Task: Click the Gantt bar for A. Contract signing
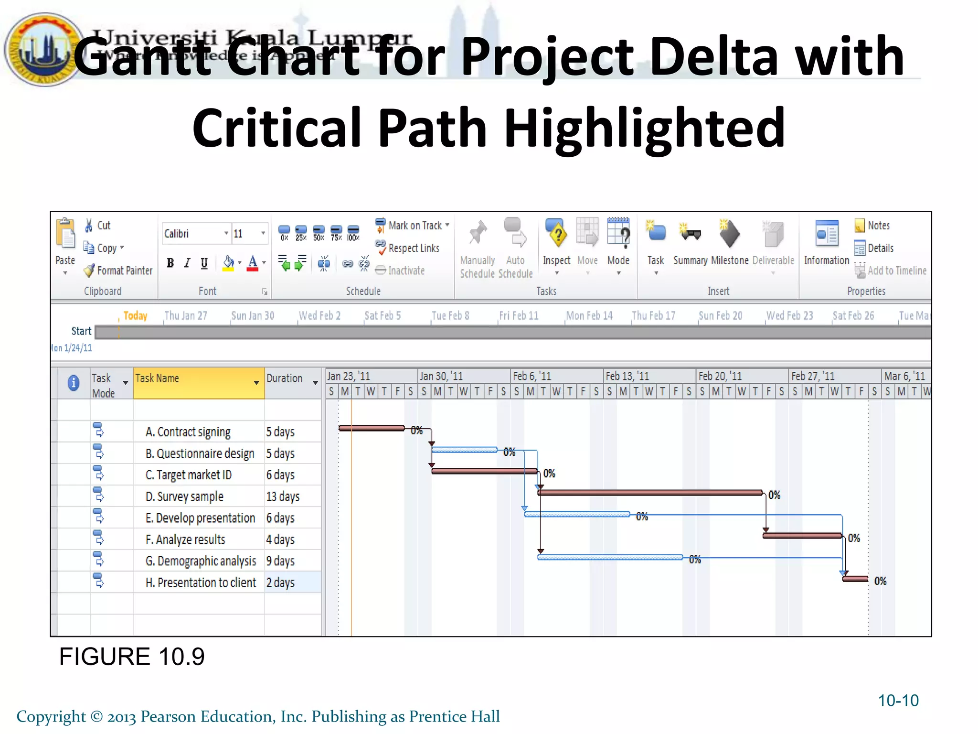tap(372, 428)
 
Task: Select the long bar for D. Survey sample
tap(649, 492)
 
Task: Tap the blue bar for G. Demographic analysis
tap(610, 557)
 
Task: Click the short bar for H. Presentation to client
tap(855, 579)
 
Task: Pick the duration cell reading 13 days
tap(283, 497)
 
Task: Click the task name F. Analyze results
tap(185, 540)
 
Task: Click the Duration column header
tap(285, 378)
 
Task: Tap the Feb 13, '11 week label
tap(627, 376)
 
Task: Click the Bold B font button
tap(170, 263)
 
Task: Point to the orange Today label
tap(135, 316)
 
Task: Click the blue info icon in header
tap(74, 383)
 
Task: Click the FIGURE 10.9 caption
tap(132, 657)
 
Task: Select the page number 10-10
tap(898, 701)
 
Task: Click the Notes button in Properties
tap(872, 226)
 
